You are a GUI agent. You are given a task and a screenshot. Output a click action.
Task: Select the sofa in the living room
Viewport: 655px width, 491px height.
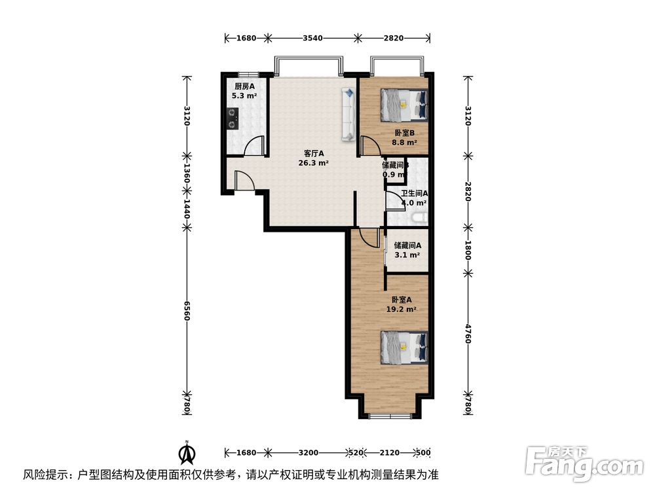(x=347, y=115)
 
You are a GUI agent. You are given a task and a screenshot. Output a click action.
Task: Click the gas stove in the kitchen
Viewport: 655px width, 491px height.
(x=233, y=118)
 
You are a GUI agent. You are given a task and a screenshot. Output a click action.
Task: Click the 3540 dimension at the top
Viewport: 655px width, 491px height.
(x=312, y=38)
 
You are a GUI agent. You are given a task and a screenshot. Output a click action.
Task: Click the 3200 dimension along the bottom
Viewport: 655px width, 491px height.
(x=309, y=452)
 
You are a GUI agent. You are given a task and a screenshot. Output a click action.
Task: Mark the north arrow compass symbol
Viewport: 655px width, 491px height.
(x=187, y=452)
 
